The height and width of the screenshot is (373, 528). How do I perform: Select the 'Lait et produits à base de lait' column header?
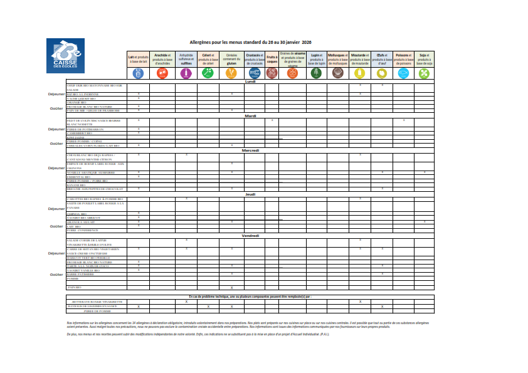coord(138,59)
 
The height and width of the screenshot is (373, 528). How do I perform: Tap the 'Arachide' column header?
coord(162,59)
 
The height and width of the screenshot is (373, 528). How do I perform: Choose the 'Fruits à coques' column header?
coord(272,59)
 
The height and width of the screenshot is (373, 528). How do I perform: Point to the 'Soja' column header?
coord(425,59)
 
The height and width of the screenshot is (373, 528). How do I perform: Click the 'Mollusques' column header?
coord(338,59)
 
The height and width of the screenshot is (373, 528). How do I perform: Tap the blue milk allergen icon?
coord(138,73)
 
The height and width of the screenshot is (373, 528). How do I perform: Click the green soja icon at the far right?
coord(425,73)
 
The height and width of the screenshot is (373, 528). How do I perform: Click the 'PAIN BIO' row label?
coord(75,287)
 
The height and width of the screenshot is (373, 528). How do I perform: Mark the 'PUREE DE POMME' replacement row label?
coord(97,311)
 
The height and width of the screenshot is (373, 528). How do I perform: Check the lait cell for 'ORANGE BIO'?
coord(138,102)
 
